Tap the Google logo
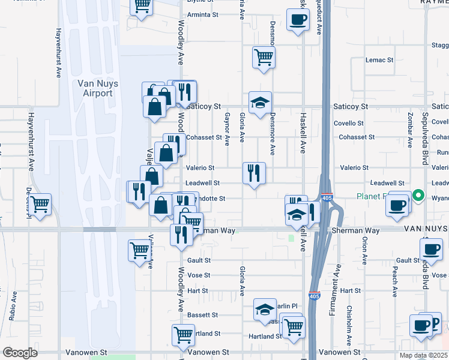click(x=20, y=353)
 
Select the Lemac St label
click(x=379, y=60)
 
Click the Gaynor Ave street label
click(x=228, y=129)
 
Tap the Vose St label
click(x=199, y=275)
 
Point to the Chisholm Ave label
click(x=349, y=322)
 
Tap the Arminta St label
click(x=202, y=14)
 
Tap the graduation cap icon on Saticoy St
click(x=261, y=103)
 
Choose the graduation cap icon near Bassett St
click(x=264, y=309)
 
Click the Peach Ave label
click(x=395, y=283)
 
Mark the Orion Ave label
click(x=365, y=250)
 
